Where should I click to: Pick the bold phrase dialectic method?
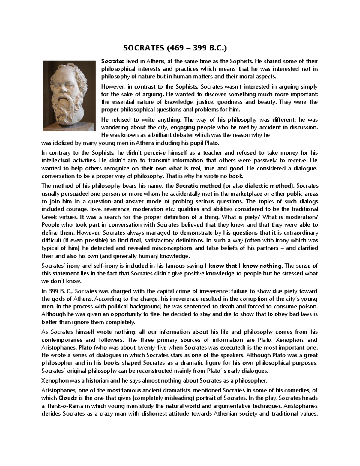pos(266,186)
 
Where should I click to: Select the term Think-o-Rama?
pos(64,406)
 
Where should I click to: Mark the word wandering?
pos(114,127)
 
